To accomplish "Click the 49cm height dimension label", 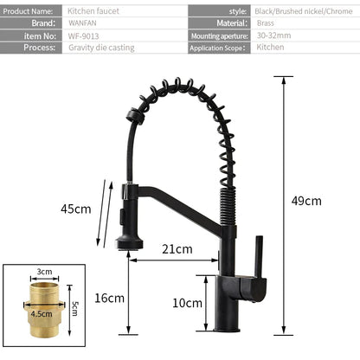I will coord(306,202).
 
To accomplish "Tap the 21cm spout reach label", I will coord(177,249).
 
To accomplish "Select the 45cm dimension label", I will coord(75,209).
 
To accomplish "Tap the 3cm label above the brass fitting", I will coord(44,272).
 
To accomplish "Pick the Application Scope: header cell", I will coord(219,50).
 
